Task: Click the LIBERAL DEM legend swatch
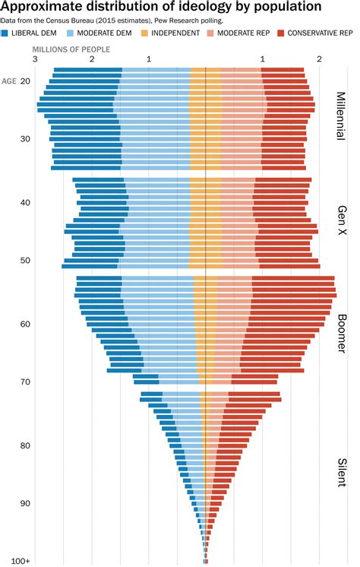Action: click(x=6, y=33)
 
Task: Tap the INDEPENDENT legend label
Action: click(x=182, y=33)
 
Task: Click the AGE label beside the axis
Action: click(x=10, y=81)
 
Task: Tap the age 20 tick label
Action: click(x=26, y=81)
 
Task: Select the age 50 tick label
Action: click(x=26, y=260)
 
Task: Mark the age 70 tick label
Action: click(x=26, y=382)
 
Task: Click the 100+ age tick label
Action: click(x=21, y=561)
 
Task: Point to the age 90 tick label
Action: click(x=26, y=503)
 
